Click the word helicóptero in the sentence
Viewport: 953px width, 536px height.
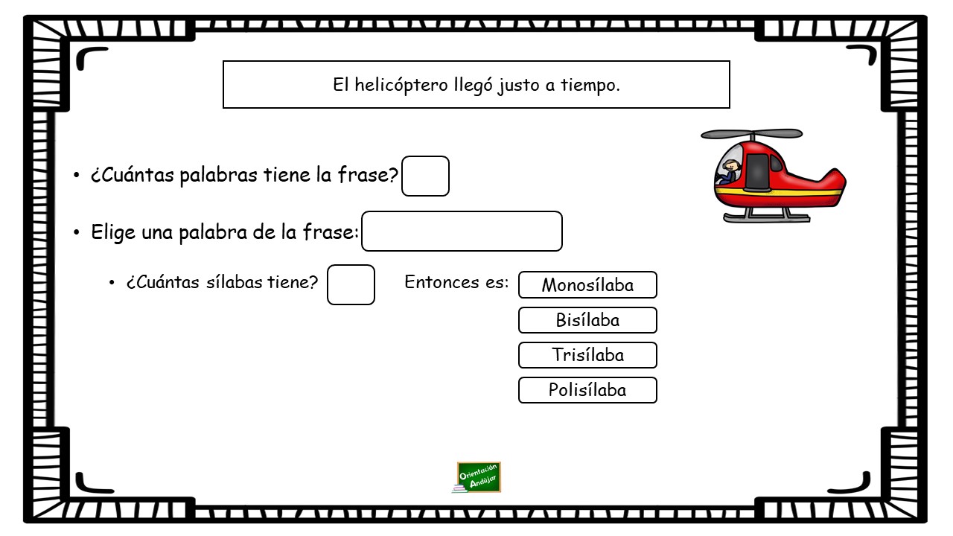coord(401,85)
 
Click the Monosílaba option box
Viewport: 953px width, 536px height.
coord(587,284)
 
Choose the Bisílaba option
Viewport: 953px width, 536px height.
coord(587,320)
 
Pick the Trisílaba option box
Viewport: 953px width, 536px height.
coord(587,355)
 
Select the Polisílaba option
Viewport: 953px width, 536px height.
coord(587,389)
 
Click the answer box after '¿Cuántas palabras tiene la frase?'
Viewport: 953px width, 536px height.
coord(425,176)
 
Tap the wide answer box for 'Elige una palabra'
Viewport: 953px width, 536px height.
coord(462,231)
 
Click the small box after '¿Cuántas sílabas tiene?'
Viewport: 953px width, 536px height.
coord(351,284)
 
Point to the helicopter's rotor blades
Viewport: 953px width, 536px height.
coord(752,134)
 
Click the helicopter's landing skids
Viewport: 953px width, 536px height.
coord(767,217)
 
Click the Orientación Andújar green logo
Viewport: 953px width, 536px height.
coord(477,477)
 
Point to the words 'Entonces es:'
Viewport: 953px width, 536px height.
coord(456,282)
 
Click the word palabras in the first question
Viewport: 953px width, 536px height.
coord(219,175)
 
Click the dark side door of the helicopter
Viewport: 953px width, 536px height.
coord(757,173)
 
